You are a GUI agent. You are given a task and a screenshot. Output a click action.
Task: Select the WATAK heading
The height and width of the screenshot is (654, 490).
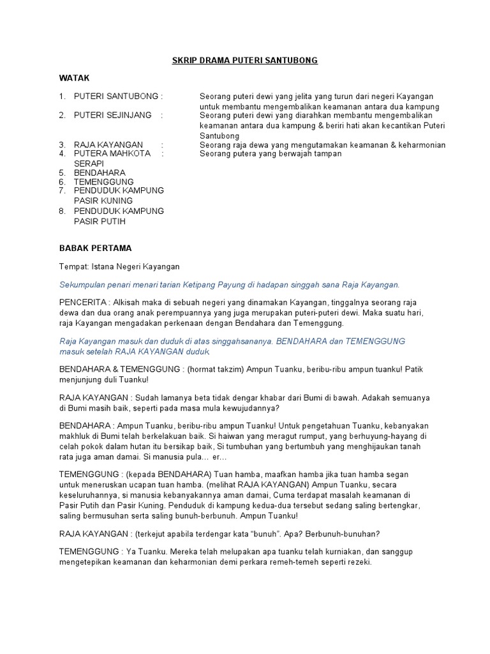[x=75, y=78]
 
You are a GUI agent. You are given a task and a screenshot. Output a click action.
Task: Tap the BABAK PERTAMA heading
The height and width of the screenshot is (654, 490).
[x=95, y=248]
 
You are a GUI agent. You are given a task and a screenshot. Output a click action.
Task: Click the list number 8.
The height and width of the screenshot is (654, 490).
[x=63, y=211]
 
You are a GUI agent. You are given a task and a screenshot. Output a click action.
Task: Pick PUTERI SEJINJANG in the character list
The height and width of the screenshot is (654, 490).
[x=113, y=116]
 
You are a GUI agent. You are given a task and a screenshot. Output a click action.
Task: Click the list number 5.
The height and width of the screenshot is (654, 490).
[x=63, y=173]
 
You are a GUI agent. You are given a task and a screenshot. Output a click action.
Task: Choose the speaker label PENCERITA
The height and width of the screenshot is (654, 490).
[x=84, y=302]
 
